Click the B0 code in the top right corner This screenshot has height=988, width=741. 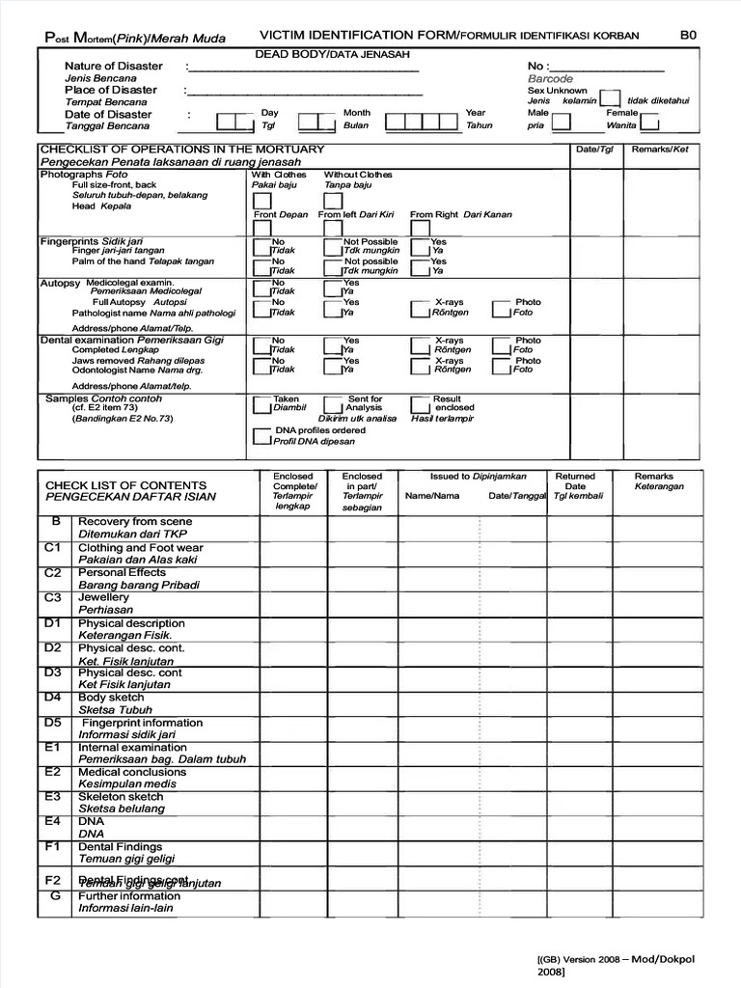688,35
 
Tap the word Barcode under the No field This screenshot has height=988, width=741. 550,79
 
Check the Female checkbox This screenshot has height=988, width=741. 650,123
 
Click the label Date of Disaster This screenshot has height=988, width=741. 108,114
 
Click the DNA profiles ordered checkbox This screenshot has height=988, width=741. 261,436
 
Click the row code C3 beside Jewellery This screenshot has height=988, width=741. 52,598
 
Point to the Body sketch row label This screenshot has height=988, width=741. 111,698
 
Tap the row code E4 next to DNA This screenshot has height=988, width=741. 52,821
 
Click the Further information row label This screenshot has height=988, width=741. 128,896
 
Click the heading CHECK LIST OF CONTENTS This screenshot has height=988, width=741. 125,485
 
